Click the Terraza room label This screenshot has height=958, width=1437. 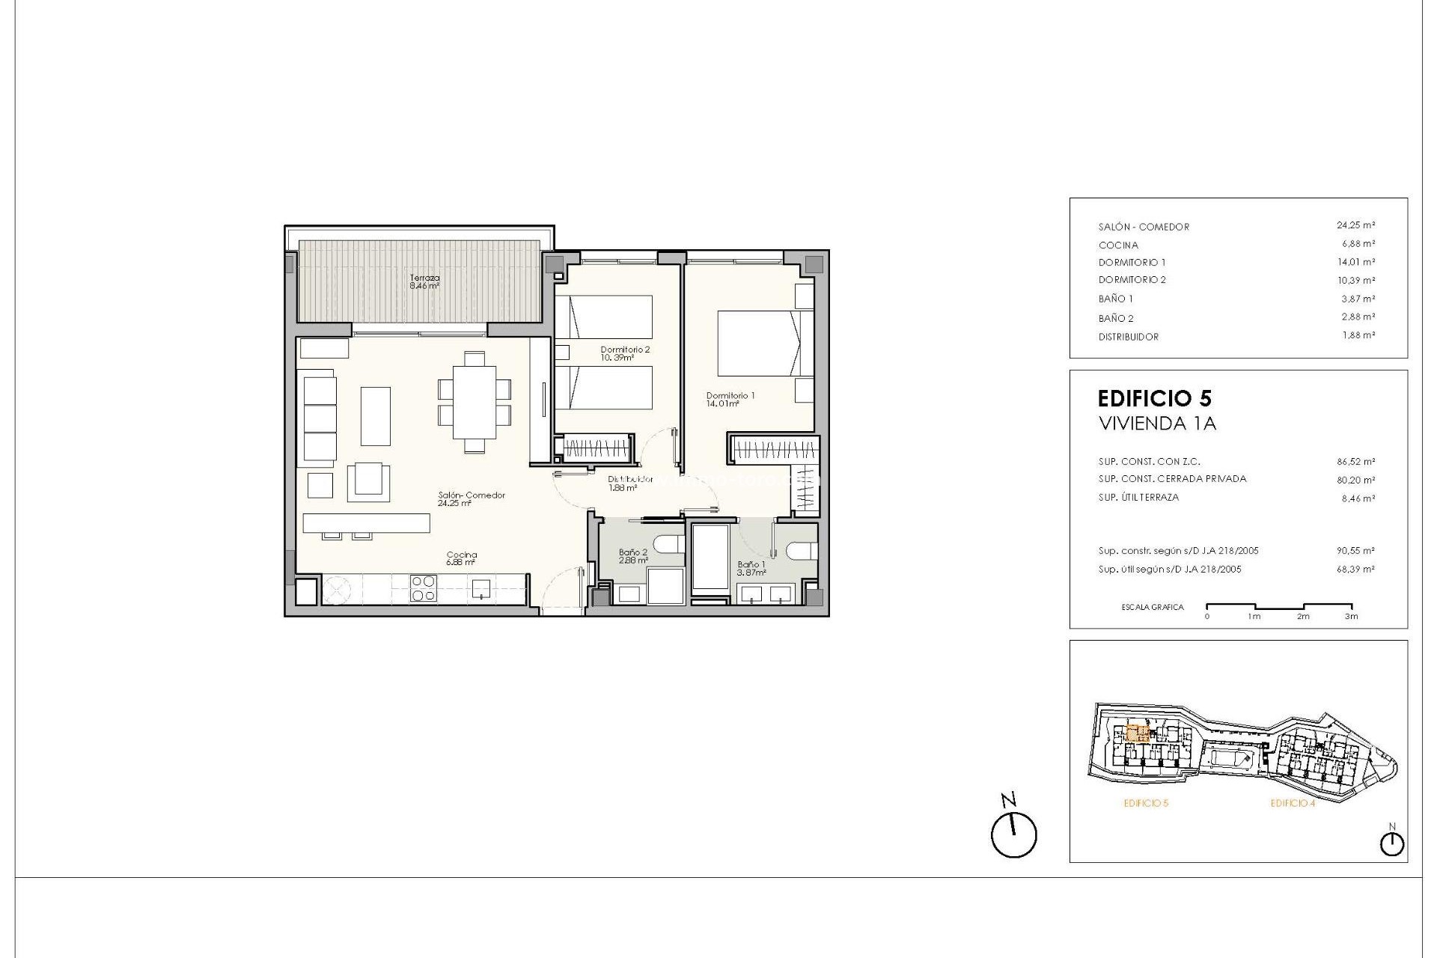click(424, 281)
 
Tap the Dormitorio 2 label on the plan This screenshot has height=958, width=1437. click(625, 353)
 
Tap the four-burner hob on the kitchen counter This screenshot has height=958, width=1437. click(424, 588)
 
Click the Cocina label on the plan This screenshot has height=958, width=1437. click(461, 558)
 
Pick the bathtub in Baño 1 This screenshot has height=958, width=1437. click(710, 558)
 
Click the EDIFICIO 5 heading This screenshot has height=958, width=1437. click(1154, 398)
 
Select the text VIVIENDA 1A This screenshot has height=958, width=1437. click(1157, 424)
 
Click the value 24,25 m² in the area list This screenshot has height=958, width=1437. click(1355, 225)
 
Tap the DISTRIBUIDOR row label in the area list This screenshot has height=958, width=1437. click(1128, 337)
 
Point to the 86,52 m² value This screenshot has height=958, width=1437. click(1355, 462)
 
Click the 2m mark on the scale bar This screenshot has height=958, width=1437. click(1303, 616)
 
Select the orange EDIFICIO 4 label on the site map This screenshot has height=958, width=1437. click(1293, 803)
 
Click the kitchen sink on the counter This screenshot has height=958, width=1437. click(480, 588)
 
